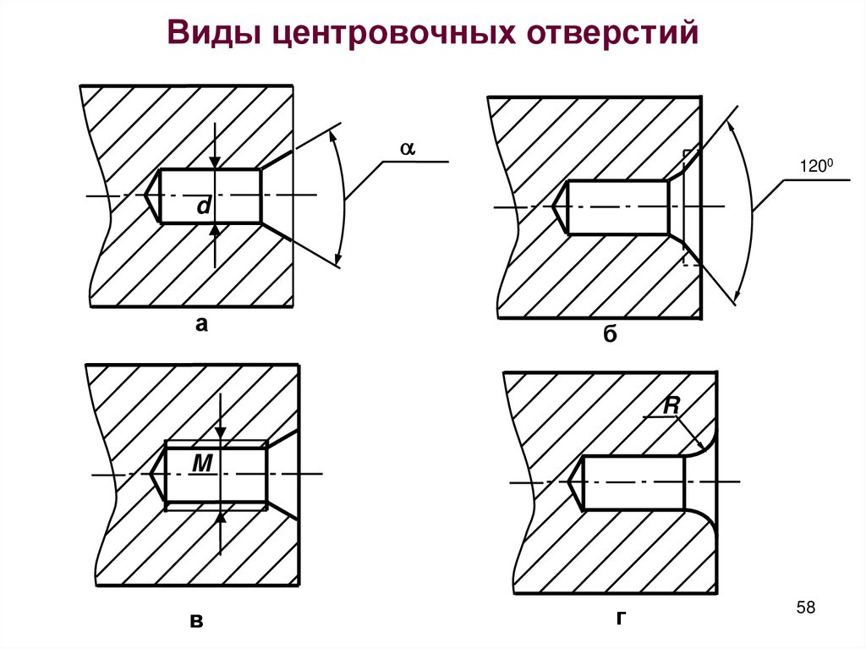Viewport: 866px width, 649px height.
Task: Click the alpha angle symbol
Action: [x=407, y=147]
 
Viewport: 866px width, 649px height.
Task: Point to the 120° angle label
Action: [x=817, y=168]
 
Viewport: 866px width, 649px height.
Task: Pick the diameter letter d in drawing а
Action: [x=203, y=206]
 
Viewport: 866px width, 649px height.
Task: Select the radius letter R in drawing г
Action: [x=671, y=406]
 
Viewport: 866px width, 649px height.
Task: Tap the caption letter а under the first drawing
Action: [x=201, y=322]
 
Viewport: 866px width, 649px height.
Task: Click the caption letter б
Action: [x=611, y=334]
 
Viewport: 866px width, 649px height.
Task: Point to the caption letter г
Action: [x=621, y=619]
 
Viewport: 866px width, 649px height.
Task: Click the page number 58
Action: [x=806, y=608]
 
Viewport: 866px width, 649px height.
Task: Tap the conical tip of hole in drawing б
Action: [x=559, y=206]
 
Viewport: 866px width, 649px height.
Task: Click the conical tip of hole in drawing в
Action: [x=157, y=475]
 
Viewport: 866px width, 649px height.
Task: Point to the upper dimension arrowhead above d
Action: [x=216, y=162]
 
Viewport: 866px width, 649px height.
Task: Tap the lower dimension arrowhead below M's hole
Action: [x=220, y=517]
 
